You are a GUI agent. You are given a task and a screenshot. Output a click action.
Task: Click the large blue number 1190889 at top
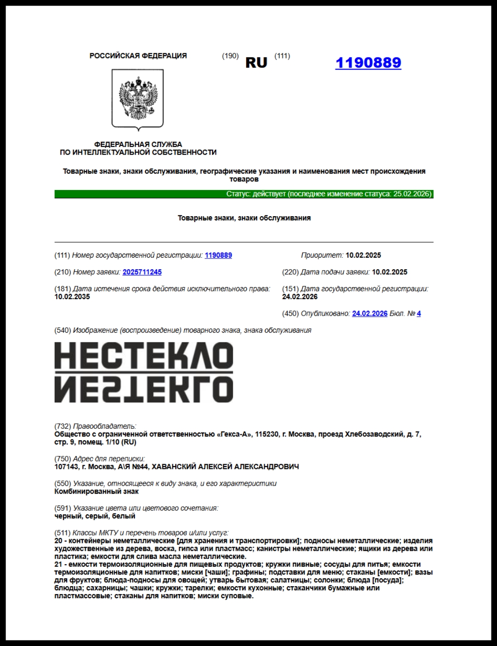(368, 63)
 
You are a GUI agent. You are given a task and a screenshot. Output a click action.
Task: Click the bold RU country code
(256, 63)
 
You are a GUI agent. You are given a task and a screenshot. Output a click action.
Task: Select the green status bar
(244, 194)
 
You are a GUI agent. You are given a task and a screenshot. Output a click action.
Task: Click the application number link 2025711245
(142, 272)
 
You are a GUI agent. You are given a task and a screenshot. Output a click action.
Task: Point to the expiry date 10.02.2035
(72, 297)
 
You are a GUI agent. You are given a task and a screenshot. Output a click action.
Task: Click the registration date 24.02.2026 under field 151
(300, 297)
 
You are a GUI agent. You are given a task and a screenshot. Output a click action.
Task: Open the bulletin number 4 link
(419, 313)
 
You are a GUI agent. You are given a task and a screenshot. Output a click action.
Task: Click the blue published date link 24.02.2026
(370, 313)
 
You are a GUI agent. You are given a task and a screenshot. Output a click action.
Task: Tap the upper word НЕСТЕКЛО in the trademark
(144, 356)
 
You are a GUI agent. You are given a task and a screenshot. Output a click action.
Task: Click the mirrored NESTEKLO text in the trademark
(144, 389)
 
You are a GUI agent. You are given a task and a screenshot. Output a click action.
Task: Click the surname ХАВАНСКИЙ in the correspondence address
(174, 467)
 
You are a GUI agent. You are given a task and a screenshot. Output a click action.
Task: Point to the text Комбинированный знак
(96, 491)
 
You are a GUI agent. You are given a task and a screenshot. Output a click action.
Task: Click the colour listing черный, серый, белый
(95, 516)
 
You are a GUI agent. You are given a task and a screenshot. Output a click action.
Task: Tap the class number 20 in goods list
(58, 541)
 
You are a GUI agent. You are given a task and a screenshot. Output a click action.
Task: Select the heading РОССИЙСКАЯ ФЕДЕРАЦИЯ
(138, 56)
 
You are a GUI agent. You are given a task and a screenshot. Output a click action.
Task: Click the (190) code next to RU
(230, 56)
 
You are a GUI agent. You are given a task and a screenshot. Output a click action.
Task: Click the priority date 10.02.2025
(363, 255)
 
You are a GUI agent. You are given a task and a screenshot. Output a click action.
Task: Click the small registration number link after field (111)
(218, 255)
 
